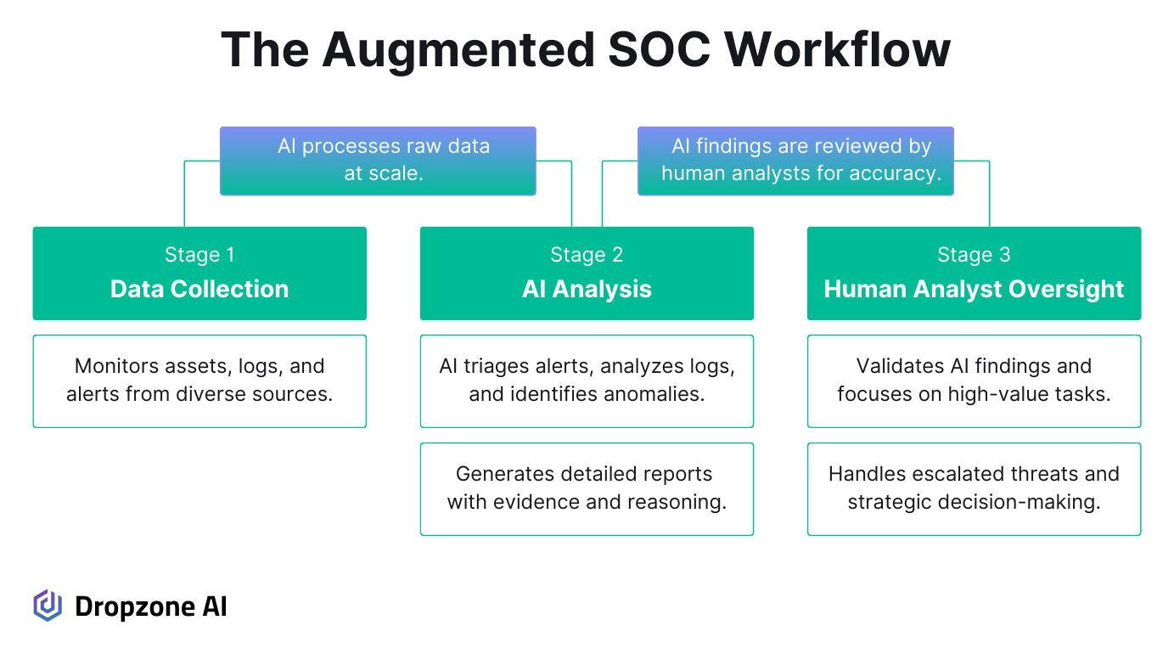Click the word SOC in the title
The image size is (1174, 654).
pyautogui.click(x=659, y=50)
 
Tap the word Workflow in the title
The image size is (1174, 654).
pyautogui.click(x=838, y=50)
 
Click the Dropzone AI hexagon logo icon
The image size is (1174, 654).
pyautogui.click(x=48, y=606)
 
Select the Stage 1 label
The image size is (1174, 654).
pyautogui.click(x=199, y=254)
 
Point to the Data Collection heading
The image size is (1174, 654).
pyautogui.click(x=199, y=289)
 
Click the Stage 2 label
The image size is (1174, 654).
pyautogui.click(x=587, y=254)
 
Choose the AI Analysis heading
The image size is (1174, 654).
pyautogui.click(x=587, y=289)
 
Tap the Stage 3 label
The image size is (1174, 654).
pyautogui.click(x=974, y=254)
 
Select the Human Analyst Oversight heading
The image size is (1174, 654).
pyautogui.click(x=974, y=289)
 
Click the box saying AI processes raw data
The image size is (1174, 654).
pyautogui.click(x=378, y=161)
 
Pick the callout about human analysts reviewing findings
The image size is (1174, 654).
pyautogui.click(x=795, y=161)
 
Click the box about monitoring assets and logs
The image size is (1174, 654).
pyautogui.click(x=199, y=381)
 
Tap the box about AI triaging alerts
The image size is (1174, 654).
pyautogui.click(x=587, y=381)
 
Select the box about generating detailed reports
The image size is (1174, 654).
pyautogui.click(x=587, y=489)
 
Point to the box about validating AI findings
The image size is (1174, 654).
pyautogui.click(x=975, y=381)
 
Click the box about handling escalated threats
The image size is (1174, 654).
pyautogui.click(x=975, y=489)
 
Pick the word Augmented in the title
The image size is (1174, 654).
pyautogui.click(x=458, y=51)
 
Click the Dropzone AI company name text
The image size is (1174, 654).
pyautogui.click(x=151, y=606)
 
